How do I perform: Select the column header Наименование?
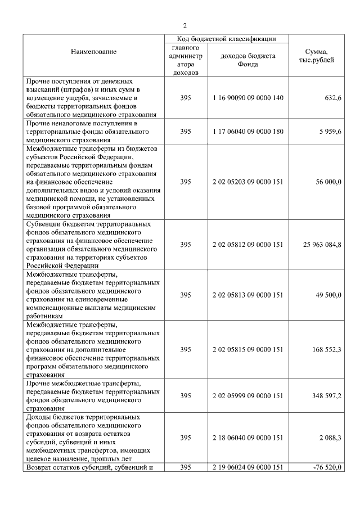(93, 52)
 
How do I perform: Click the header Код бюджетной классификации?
(227, 39)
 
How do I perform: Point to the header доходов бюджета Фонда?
(247, 60)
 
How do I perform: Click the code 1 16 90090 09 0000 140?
(247, 98)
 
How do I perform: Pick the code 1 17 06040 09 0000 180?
(247, 132)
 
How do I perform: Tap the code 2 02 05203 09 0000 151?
(247, 182)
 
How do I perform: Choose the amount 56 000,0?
(327, 182)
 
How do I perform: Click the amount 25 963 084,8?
(319, 245)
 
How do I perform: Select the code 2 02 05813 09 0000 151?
(247, 295)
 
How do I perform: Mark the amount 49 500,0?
(327, 295)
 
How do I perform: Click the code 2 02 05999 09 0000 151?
(247, 396)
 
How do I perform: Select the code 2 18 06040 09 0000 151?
(247, 438)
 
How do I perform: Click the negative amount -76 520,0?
(327, 467)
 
